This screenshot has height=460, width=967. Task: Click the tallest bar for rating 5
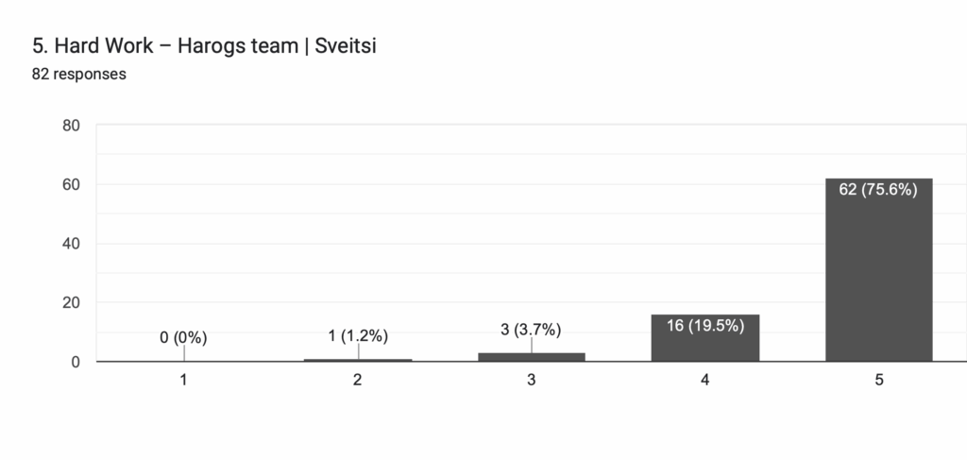(878, 274)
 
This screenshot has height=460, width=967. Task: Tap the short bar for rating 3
(531, 356)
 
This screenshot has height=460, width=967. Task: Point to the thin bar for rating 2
(358, 359)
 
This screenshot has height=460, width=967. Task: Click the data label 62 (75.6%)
(878, 190)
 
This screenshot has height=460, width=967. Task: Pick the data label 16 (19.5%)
(704, 326)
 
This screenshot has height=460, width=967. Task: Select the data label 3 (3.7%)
(531, 330)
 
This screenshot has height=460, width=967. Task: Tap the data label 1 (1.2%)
(358, 335)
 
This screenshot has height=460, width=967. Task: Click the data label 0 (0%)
(183, 337)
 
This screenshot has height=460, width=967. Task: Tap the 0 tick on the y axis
(76, 362)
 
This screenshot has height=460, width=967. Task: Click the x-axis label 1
(183, 380)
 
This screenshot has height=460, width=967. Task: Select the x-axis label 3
(531, 380)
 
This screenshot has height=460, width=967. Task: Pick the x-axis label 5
(878, 380)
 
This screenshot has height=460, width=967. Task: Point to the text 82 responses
(79, 74)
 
